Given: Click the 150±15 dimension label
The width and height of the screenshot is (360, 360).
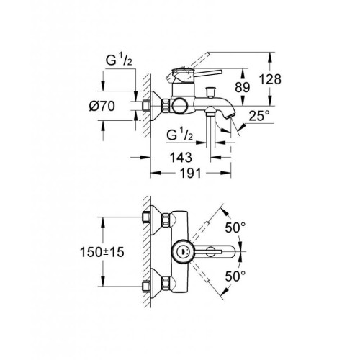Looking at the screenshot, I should click(x=101, y=253).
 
